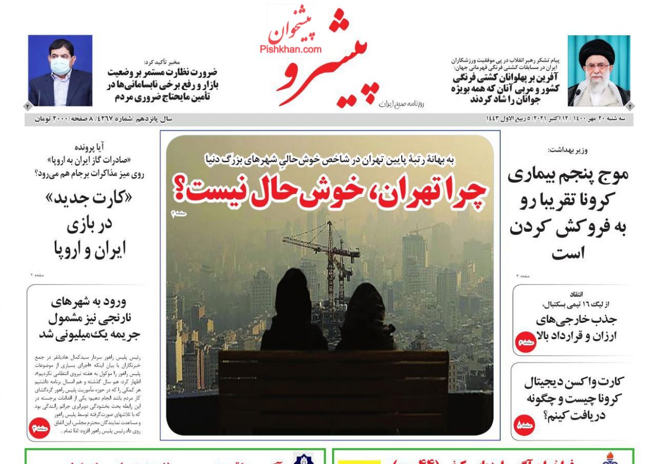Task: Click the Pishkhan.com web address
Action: [x=290, y=49]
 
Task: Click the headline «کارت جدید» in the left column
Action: [x=89, y=199]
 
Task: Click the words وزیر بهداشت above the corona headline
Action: [x=568, y=150]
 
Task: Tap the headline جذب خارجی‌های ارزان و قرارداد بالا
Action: [x=576, y=328]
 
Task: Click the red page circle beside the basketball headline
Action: [x=525, y=342]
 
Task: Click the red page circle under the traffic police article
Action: [x=39, y=428]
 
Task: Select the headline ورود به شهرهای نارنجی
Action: [x=89, y=318]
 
